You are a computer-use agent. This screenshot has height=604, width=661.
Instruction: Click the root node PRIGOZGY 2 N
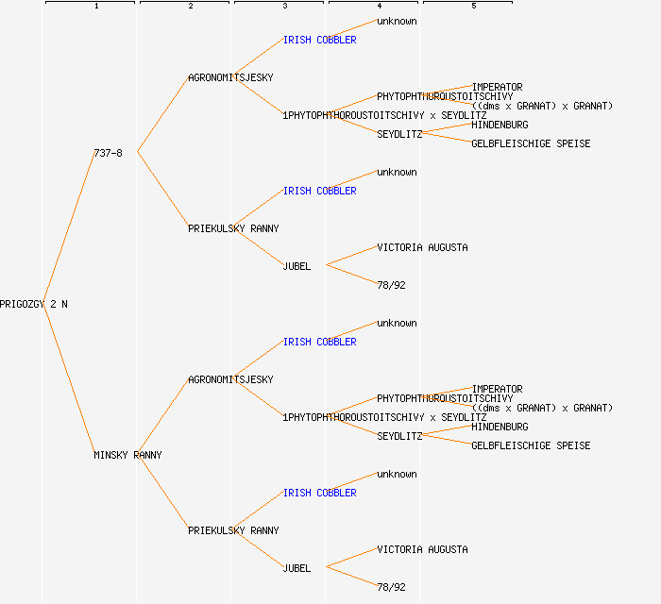tap(34, 304)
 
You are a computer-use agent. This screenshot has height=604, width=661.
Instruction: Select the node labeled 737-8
tap(108, 153)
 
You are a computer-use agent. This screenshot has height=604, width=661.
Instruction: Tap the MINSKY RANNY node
tap(127, 455)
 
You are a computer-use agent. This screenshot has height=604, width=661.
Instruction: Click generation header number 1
tap(95, 7)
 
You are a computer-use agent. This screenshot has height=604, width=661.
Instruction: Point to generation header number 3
tap(284, 7)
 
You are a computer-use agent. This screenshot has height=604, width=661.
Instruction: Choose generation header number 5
tap(473, 7)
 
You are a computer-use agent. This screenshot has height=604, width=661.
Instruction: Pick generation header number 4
tap(379, 7)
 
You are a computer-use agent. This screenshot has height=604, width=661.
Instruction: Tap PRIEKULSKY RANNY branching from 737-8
tap(233, 228)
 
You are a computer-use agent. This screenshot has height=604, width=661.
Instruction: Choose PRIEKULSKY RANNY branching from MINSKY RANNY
tap(233, 530)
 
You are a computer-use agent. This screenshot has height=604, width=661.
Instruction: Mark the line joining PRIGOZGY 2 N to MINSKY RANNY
tap(69, 379)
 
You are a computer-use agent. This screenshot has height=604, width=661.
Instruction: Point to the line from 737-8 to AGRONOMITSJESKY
tap(162, 114)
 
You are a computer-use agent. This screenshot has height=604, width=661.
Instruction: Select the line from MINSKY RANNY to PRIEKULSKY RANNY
tap(162, 493)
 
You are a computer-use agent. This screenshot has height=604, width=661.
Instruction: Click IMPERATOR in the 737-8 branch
tap(497, 87)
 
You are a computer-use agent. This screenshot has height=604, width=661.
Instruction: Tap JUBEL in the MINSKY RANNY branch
tap(297, 568)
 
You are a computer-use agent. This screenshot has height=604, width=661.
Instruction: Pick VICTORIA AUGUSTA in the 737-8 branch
tap(422, 247)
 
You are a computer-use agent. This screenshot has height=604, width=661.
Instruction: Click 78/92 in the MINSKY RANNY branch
tap(391, 587)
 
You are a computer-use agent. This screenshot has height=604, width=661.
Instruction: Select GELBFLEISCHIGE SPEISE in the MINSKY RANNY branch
tap(531, 445)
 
